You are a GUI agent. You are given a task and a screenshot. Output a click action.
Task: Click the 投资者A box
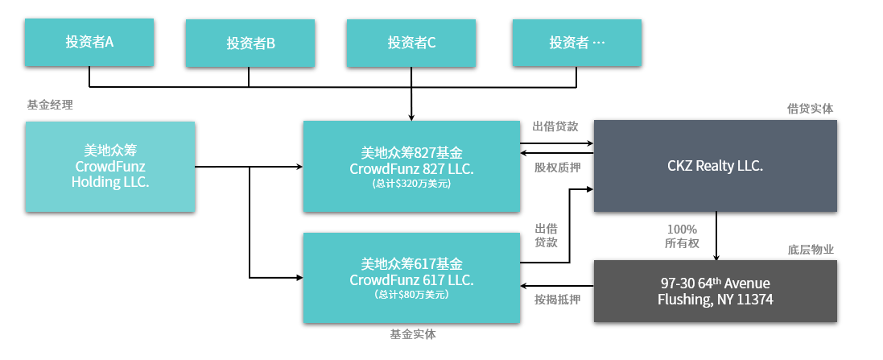point(89,42)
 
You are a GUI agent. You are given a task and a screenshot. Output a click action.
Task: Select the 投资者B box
point(250,43)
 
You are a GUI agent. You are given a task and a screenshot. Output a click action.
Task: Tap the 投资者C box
point(411,43)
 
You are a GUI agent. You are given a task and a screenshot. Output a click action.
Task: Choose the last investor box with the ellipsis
point(577,43)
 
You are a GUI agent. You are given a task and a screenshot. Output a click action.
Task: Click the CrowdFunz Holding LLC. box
point(109,167)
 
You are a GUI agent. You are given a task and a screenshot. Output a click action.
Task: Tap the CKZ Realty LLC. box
point(715,166)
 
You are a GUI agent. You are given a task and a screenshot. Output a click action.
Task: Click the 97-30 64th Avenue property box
point(715,291)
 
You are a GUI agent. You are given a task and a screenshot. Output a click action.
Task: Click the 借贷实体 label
point(810,108)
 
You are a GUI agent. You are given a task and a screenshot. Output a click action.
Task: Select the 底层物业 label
point(811,249)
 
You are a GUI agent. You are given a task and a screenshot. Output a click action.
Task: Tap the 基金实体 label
point(412,333)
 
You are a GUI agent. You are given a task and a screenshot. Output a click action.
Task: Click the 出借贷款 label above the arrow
point(555,126)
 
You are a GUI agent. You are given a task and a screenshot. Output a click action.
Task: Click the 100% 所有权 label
point(682,236)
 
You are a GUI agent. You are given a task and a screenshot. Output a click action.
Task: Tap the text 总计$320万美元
point(411,184)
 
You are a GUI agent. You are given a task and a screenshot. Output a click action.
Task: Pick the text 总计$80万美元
point(411,295)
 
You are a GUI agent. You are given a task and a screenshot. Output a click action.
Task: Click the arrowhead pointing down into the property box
point(716,256)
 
